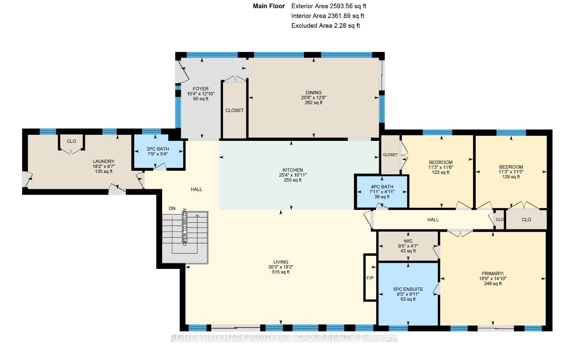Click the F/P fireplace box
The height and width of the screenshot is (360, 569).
(x=370, y=278)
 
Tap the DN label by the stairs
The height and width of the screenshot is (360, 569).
(x=172, y=208)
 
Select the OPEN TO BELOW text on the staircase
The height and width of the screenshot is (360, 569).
(x=185, y=227)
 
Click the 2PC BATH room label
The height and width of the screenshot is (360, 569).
(x=158, y=149)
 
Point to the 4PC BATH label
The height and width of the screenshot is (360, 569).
(x=382, y=187)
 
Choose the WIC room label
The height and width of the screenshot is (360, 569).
(x=408, y=241)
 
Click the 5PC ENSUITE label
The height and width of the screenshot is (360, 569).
(x=408, y=289)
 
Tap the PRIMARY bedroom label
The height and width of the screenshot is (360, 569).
(x=493, y=273)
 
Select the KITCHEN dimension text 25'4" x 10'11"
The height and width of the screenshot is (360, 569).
(x=293, y=175)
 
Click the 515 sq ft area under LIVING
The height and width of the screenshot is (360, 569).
(x=281, y=272)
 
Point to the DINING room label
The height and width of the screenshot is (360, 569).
(x=313, y=92)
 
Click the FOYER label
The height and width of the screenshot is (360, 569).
(x=201, y=89)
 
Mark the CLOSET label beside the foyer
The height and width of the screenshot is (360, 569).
(x=234, y=110)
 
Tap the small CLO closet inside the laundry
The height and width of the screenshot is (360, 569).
(x=71, y=141)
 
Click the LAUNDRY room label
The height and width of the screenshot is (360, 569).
(x=103, y=162)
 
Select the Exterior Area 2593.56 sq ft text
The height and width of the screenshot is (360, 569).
(x=329, y=6)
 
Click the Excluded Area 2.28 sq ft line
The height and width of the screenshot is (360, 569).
(x=326, y=26)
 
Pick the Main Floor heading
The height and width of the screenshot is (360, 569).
(x=269, y=6)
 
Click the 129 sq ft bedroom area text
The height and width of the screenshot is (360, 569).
(x=511, y=176)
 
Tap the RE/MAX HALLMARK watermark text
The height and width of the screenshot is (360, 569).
(x=284, y=338)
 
